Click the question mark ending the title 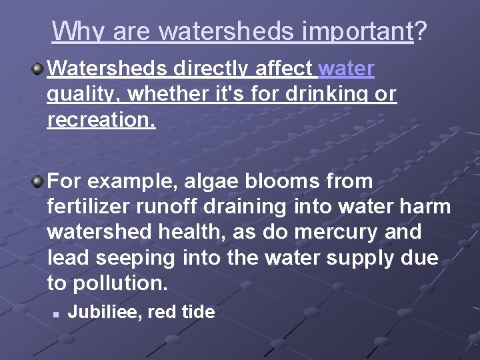(x=421, y=31)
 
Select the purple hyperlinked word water (x=347, y=68)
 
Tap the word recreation (x=101, y=119)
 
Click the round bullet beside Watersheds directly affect (x=39, y=68)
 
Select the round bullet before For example (x=39, y=181)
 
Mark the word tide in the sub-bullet (x=199, y=312)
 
